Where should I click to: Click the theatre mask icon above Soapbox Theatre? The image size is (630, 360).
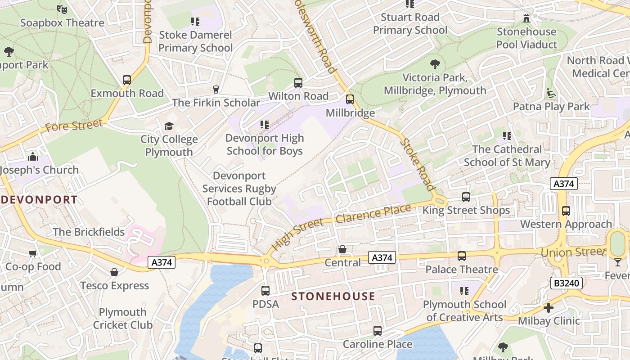click(62, 9)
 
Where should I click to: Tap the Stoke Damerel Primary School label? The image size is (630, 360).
click(195, 41)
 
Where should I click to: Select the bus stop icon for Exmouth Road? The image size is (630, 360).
click(127, 80)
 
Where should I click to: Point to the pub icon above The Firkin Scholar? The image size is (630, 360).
click(216, 89)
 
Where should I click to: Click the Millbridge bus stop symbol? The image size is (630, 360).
click(350, 99)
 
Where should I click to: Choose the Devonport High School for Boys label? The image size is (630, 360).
click(265, 144)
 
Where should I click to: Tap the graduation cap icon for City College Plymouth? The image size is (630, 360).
click(169, 126)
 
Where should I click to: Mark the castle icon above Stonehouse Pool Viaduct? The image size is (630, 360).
click(526, 18)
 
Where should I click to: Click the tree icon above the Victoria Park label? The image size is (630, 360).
click(435, 64)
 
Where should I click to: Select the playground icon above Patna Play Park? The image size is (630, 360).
click(551, 93)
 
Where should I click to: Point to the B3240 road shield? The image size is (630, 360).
click(567, 283)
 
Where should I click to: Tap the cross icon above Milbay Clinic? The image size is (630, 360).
click(548, 308)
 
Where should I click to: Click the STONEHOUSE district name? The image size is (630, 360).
click(333, 296)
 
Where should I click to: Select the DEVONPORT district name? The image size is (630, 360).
click(39, 200)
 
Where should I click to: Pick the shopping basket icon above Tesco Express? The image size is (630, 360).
click(114, 272)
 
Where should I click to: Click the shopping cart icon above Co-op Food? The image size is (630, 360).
click(33, 253)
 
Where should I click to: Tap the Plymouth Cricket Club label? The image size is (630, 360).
click(123, 319)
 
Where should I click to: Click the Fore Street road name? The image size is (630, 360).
click(74, 126)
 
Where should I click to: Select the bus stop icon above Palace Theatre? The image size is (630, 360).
click(462, 256)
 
